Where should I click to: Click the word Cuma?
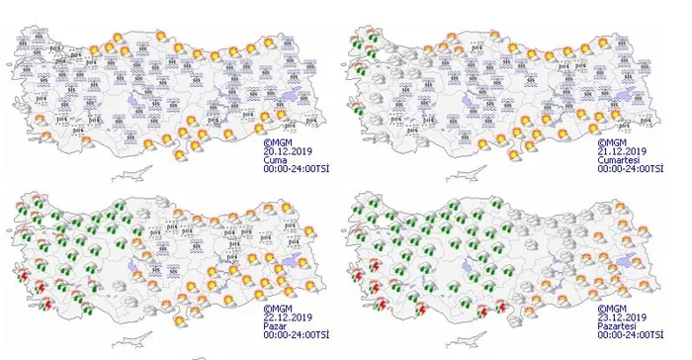pos(273,160)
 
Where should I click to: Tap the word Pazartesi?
pos(616,327)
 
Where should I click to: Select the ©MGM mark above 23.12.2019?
pos(611,310)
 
